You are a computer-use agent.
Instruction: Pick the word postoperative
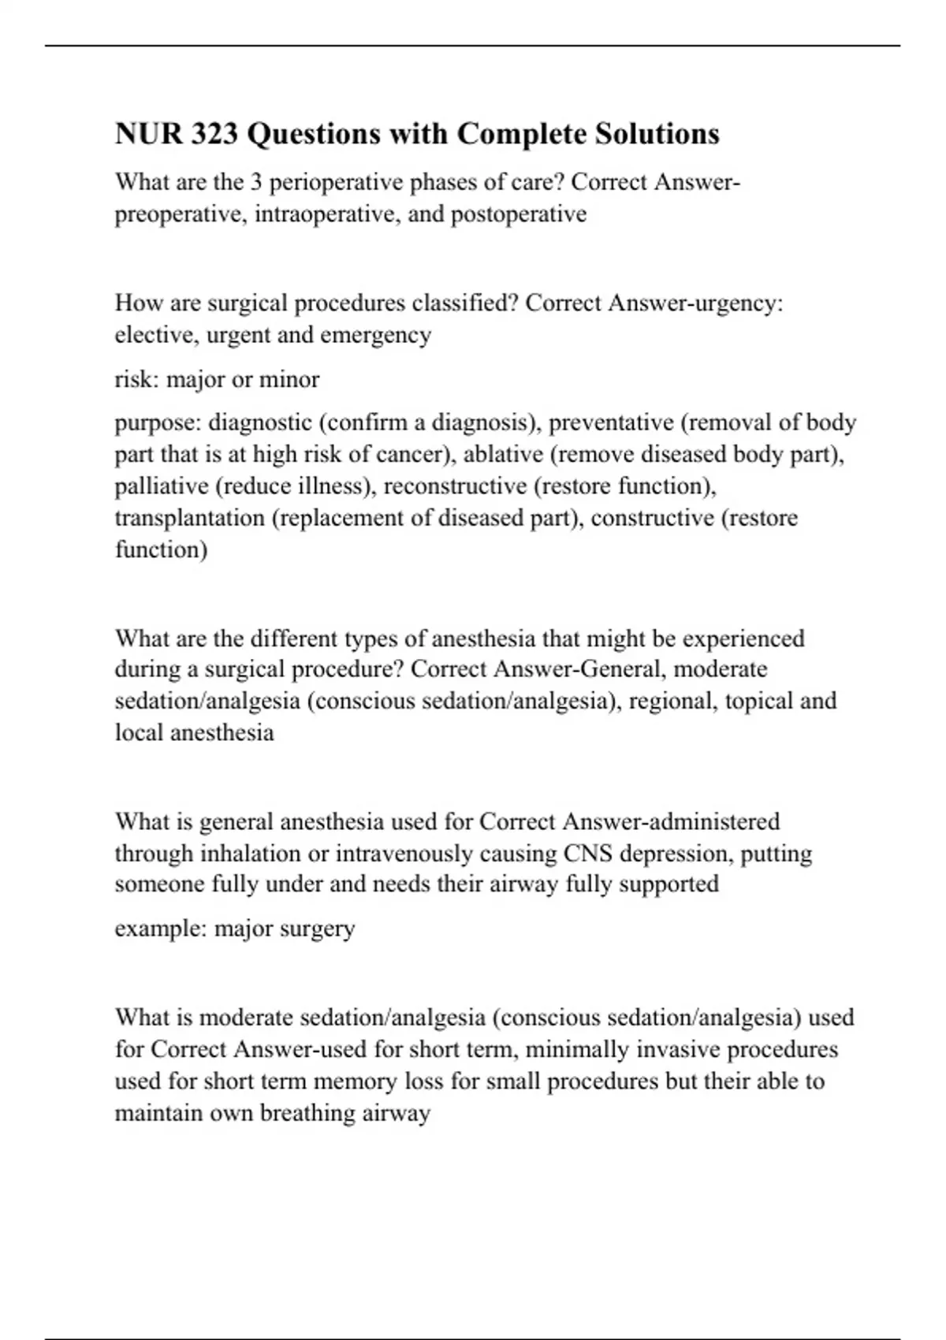pyautogui.click(x=518, y=214)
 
